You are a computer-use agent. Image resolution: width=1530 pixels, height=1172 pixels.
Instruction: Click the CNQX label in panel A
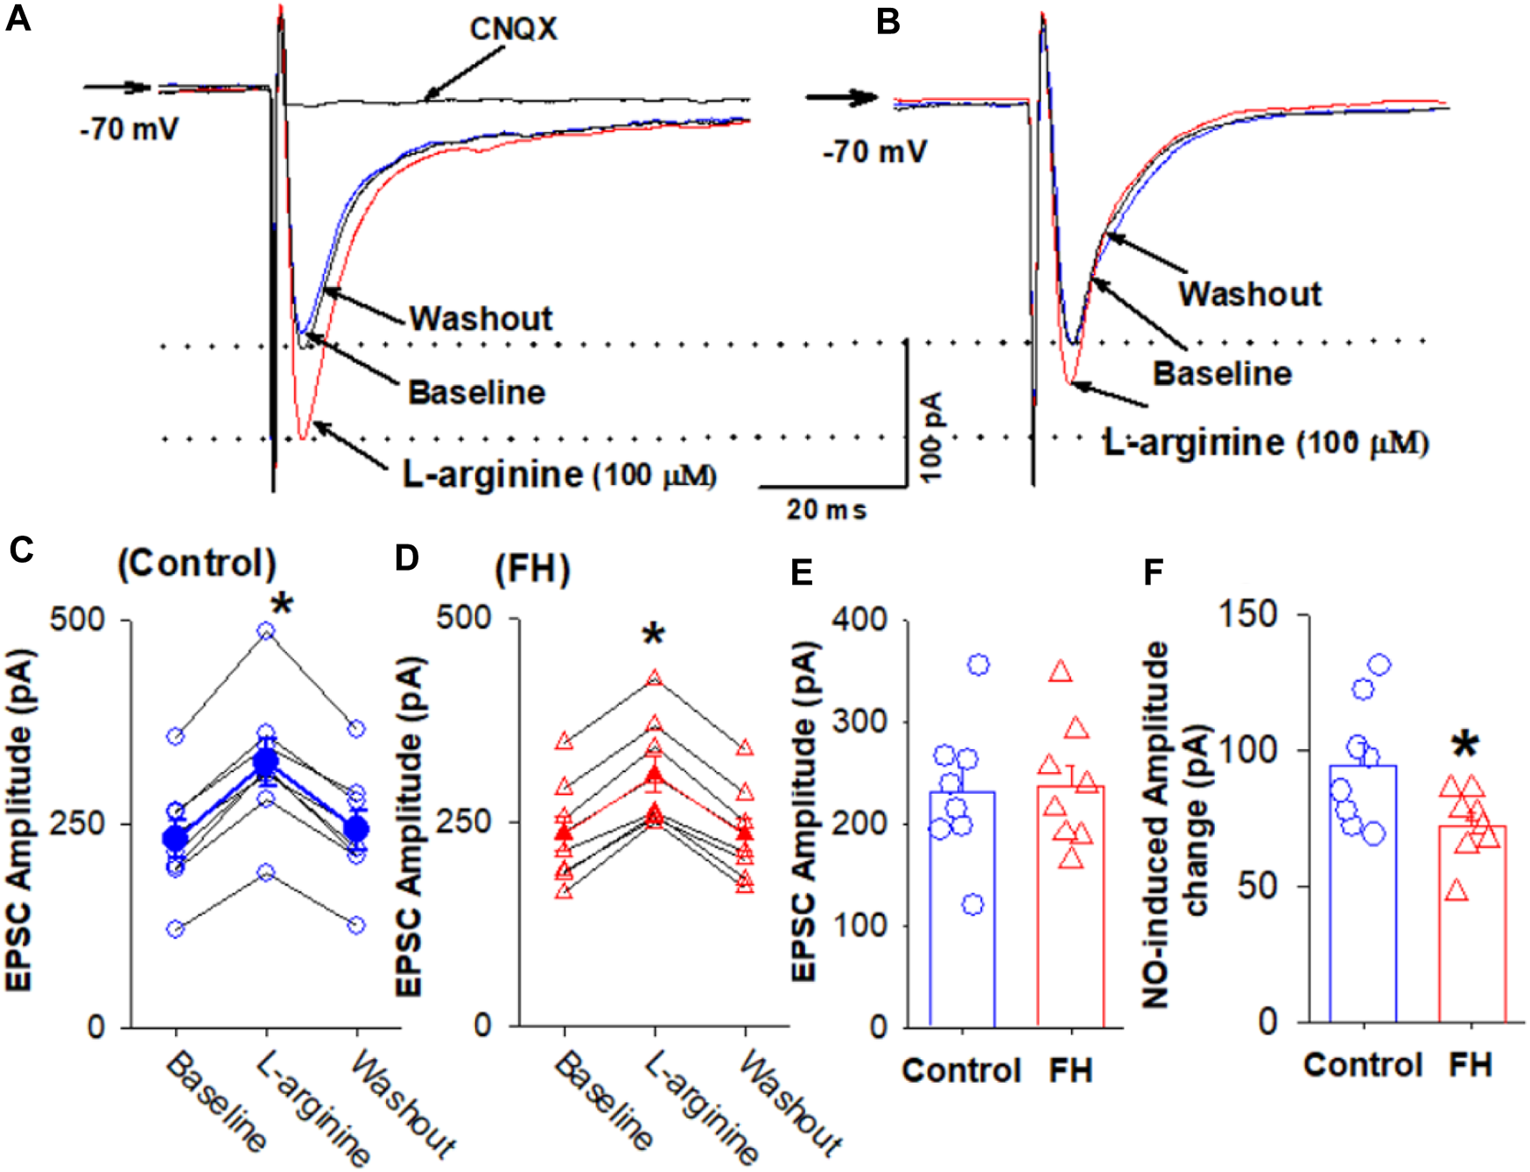click(x=513, y=29)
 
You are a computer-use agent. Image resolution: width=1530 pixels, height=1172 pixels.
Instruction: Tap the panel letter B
click(x=888, y=21)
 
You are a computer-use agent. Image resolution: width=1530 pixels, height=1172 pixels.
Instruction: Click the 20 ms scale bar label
click(x=825, y=509)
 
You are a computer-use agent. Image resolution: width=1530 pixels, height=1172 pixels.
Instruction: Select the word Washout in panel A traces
click(x=481, y=319)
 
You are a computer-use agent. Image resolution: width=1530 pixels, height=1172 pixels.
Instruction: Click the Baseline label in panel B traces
click(x=1222, y=374)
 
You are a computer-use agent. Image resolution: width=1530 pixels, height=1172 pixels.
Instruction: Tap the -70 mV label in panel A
click(x=130, y=130)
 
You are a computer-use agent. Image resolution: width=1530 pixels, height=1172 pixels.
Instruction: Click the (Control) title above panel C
click(x=197, y=564)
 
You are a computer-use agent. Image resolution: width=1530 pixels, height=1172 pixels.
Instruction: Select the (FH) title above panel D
click(x=532, y=570)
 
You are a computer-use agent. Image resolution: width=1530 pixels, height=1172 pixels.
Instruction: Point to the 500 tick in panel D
click(x=464, y=617)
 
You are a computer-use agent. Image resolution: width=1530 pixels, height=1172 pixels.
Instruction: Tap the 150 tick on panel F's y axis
click(x=1248, y=614)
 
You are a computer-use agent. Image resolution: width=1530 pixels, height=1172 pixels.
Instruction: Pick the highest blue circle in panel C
click(x=266, y=631)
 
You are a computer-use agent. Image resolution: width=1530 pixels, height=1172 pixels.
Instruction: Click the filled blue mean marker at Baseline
click(x=176, y=838)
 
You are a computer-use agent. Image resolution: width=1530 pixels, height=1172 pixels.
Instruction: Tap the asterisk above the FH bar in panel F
click(x=1465, y=746)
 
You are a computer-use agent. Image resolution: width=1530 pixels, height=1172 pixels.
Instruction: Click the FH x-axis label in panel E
click(x=1070, y=1070)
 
